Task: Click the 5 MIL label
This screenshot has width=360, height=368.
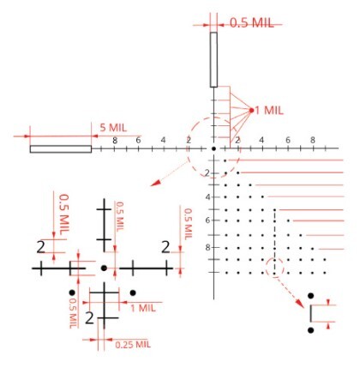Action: [x=113, y=128]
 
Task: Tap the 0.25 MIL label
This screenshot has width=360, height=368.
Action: [x=133, y=344]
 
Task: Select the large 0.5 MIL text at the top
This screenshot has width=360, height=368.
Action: [x=252, y=23]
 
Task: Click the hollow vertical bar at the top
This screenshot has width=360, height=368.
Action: [x=213, y=59]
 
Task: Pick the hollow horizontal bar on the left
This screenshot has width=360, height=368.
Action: [x=61, y=149]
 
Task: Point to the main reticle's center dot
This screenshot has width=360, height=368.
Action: [x=213, y=148]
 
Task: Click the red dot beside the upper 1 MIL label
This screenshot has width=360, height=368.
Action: [x=251, y=110]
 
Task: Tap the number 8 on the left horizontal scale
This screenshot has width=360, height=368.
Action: [x=115, y=141]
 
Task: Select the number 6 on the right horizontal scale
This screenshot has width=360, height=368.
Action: [x=288, y=141]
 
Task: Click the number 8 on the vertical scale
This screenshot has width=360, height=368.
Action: [x=208, y=247]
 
